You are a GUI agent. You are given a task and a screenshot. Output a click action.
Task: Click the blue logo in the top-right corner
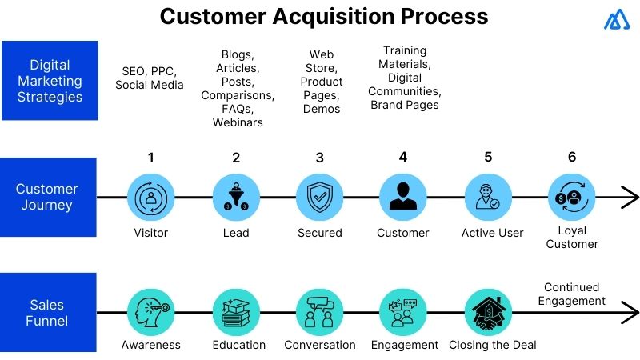click(617, 20)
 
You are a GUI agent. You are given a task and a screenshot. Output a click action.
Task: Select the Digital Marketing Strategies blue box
click(50, 81)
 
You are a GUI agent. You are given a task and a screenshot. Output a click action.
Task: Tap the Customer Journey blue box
click(48, 197)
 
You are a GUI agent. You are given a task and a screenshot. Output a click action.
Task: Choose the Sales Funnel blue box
click(48, 312)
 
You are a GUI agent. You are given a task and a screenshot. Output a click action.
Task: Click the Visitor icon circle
click(151, 197)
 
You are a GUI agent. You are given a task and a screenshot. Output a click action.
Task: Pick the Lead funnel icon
click(236, 197)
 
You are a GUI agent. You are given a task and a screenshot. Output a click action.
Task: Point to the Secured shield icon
click(319, 197)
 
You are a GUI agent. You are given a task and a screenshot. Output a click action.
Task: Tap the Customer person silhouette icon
click(403, 197)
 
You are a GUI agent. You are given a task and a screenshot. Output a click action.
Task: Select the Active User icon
click(488, 197)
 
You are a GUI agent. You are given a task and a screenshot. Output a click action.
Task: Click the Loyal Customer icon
click(571, 197)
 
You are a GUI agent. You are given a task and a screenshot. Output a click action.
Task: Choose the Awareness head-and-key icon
click(151, 312)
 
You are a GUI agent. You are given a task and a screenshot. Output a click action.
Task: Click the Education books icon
click(236, 312)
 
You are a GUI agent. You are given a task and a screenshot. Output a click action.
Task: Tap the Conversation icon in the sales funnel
click(319, 312)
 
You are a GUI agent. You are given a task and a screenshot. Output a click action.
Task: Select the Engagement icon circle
click(403, 312)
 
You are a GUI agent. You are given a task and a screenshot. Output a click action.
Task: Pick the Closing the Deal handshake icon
click(488, 312)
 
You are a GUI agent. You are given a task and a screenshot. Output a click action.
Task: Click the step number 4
click(403, 157)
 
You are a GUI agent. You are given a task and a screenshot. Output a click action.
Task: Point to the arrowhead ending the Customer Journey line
click(630, 197)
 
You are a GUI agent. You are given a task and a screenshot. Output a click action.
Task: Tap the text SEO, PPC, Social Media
click(150, 78)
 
